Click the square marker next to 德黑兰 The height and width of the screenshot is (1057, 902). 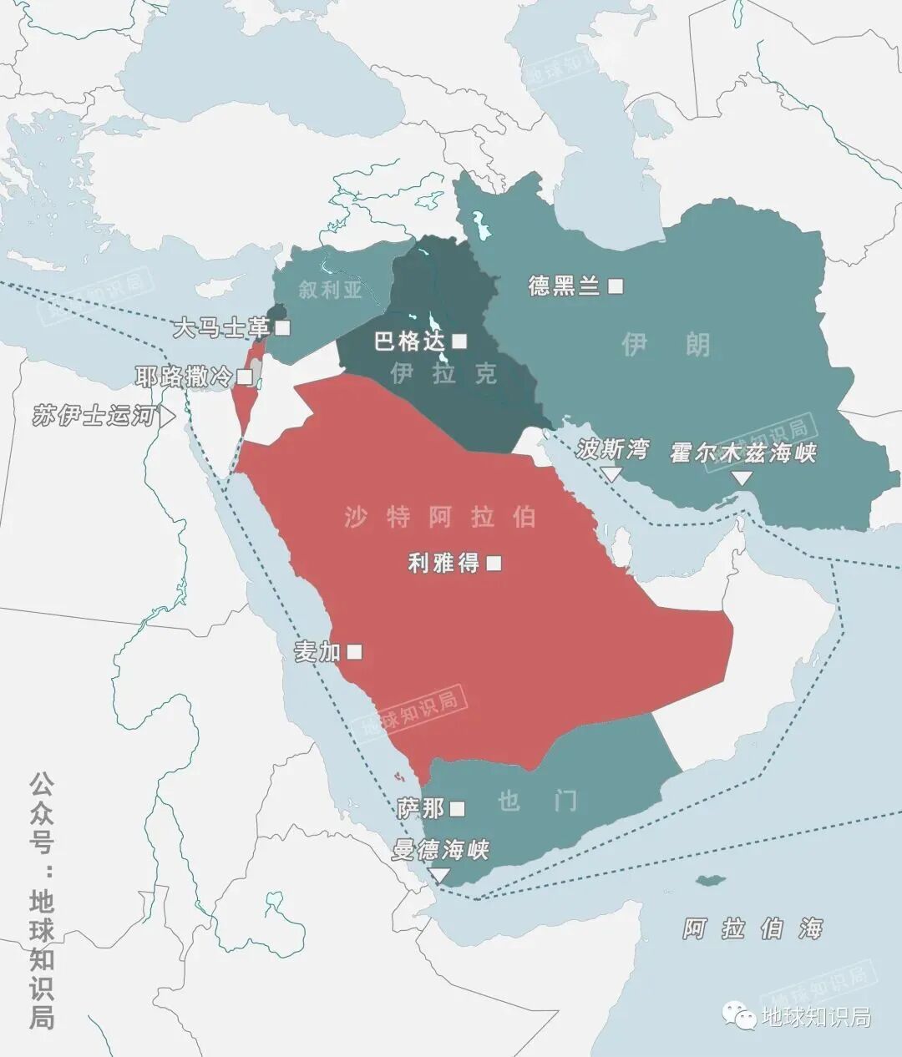coord(616,286)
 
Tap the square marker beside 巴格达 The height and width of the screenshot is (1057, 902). coord(459,341)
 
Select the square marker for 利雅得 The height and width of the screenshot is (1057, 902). coord(494,564)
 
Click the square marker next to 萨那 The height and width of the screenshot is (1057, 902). coord(457,808)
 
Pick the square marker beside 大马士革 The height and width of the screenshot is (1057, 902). coord(282,328)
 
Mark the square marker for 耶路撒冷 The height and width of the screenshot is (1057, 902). coord(244,377)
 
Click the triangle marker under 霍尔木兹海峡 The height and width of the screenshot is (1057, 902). coord(742,478)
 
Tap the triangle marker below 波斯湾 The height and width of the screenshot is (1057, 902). coord(612,474)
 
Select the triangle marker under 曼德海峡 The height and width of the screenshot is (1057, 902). coord(438,875)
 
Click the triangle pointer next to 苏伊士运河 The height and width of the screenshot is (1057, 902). coord(168,416)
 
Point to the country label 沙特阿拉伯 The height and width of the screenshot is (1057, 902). coord(440,517)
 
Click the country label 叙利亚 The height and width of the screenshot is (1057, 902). coord(331,290)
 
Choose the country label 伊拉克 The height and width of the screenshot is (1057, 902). coord(443,373)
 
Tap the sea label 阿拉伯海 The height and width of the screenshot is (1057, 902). coord(753,928)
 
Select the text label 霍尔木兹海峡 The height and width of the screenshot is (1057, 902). coord(742,453)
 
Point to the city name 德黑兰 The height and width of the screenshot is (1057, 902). coord(564,286)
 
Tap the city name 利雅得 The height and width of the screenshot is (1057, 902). coord(443,564)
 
